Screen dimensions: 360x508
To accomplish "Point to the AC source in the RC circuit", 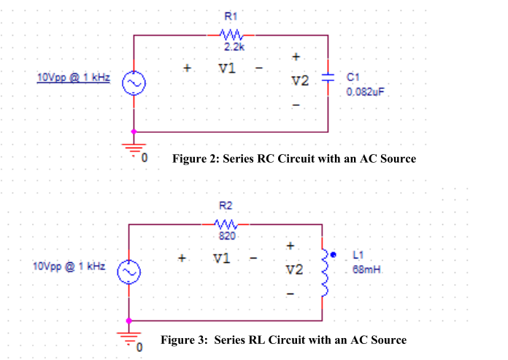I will click(134, 84).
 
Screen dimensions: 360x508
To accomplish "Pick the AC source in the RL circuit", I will click(129, 272).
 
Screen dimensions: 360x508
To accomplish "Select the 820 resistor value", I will click(226, 236).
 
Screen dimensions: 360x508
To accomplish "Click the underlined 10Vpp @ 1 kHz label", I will click(73, 77).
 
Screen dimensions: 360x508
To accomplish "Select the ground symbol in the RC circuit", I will click(134, 145).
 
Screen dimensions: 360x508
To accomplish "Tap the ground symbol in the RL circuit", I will click(129, 334).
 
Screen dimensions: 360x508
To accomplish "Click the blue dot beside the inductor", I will click(334, 256).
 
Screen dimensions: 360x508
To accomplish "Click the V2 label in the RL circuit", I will click(293, 269).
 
